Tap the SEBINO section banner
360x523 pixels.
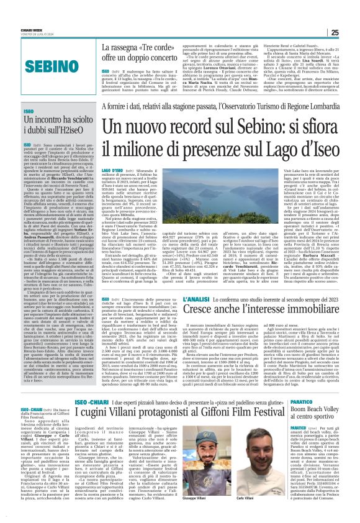(x=51, y=65)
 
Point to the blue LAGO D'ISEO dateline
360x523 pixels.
(x=113, y=170)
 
